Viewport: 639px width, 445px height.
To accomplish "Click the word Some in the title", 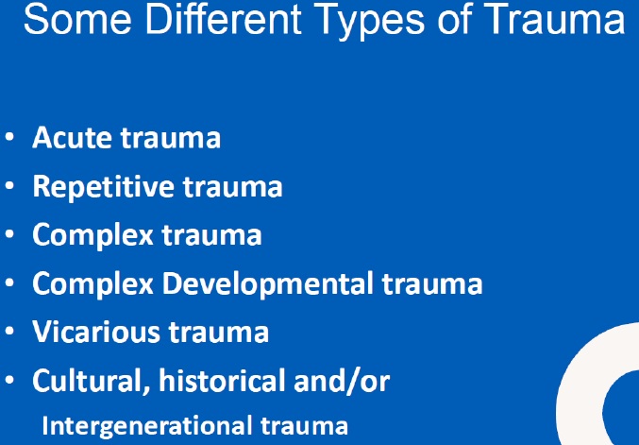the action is (x=77, y=19).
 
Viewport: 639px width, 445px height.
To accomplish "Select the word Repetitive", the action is (x=104, y=186).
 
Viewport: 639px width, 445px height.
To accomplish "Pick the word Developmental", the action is (x=268, y=283).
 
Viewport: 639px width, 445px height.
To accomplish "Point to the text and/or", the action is (x=342, y=381).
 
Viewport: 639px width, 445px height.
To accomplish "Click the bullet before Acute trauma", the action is (x=9, y=137).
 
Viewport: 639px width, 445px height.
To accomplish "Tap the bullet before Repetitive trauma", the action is (x=9, y=185).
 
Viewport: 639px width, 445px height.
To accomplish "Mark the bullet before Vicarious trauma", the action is (x=9, y=332).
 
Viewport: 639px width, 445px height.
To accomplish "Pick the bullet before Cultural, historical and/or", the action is (x=9, y=380).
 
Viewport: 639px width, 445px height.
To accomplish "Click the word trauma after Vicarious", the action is (x=219, y=333).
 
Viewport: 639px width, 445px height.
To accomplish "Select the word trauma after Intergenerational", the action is (x=304, y=426).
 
